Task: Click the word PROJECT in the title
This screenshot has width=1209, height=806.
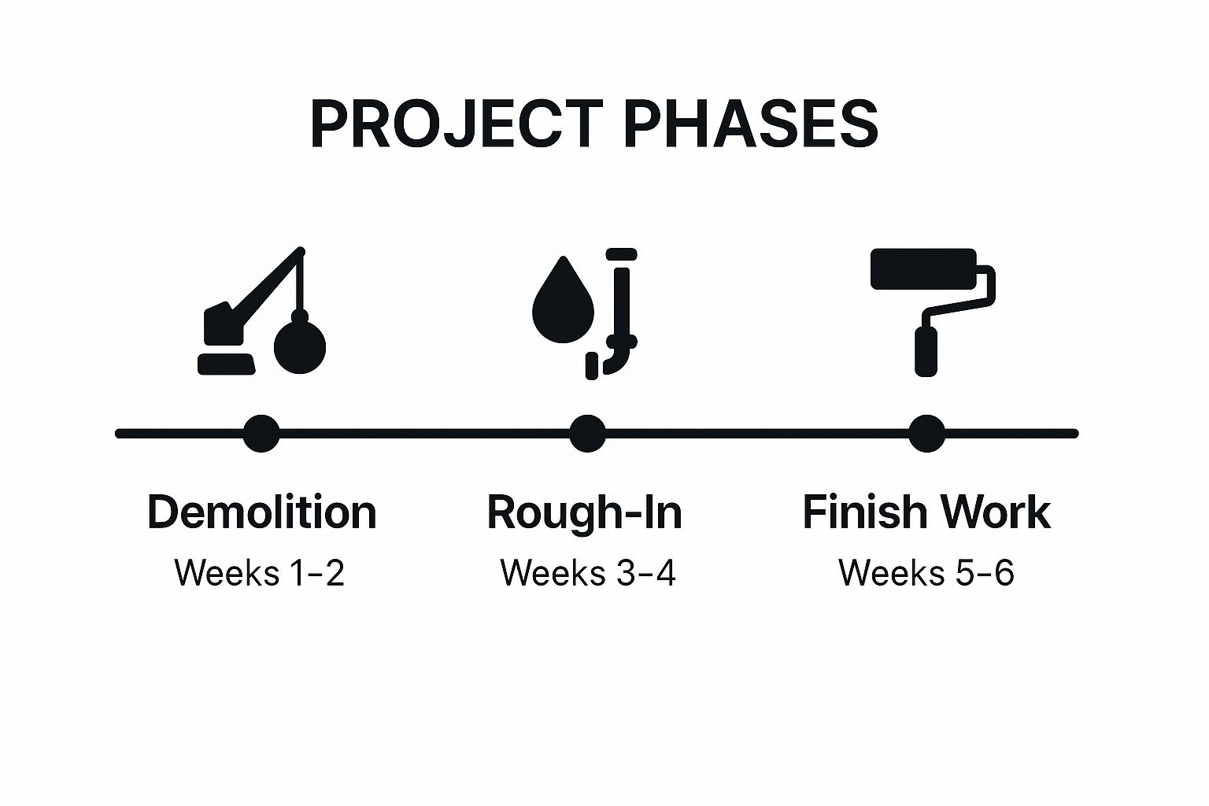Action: (x=457, y=124)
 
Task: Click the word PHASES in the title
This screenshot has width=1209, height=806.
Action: (x=751, y=124)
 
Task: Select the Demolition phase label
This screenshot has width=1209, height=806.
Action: (x=261, y=512)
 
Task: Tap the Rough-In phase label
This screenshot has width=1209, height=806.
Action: (x=584, y=512)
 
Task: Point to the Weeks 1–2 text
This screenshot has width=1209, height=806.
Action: (x=259, y=572)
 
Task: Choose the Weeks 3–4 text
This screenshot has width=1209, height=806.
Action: (x=588, y=572)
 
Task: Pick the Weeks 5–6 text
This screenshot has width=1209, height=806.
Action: (x=926, y=572)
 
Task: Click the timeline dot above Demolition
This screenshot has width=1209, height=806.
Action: (x=261, y=433)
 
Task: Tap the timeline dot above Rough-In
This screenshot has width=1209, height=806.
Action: (x=587, y=433)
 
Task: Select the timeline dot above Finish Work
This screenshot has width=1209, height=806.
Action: (x=927, y=433)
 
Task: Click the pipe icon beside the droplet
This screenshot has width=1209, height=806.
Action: (x=623, y=315)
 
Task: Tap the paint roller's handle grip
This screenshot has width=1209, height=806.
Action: (x=926, y=352)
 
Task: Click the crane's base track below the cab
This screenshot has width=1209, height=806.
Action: (x=226, y=364)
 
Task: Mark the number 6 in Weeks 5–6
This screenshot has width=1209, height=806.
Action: (x=1004, y=572)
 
